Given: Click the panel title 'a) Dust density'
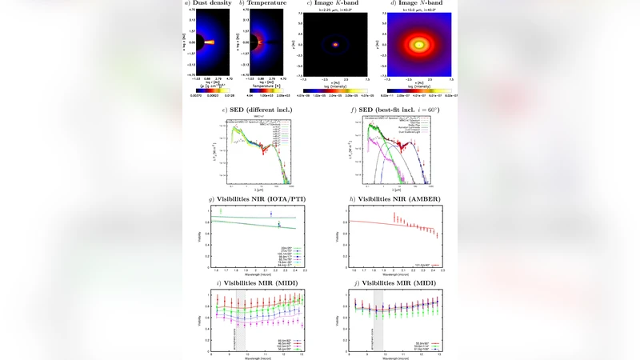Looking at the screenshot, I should tap(209, 4).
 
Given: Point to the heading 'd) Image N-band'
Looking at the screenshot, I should tap(417, 4).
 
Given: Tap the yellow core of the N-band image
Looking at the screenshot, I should tap(417, 46).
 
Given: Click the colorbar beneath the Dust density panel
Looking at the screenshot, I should tap(210, 90).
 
